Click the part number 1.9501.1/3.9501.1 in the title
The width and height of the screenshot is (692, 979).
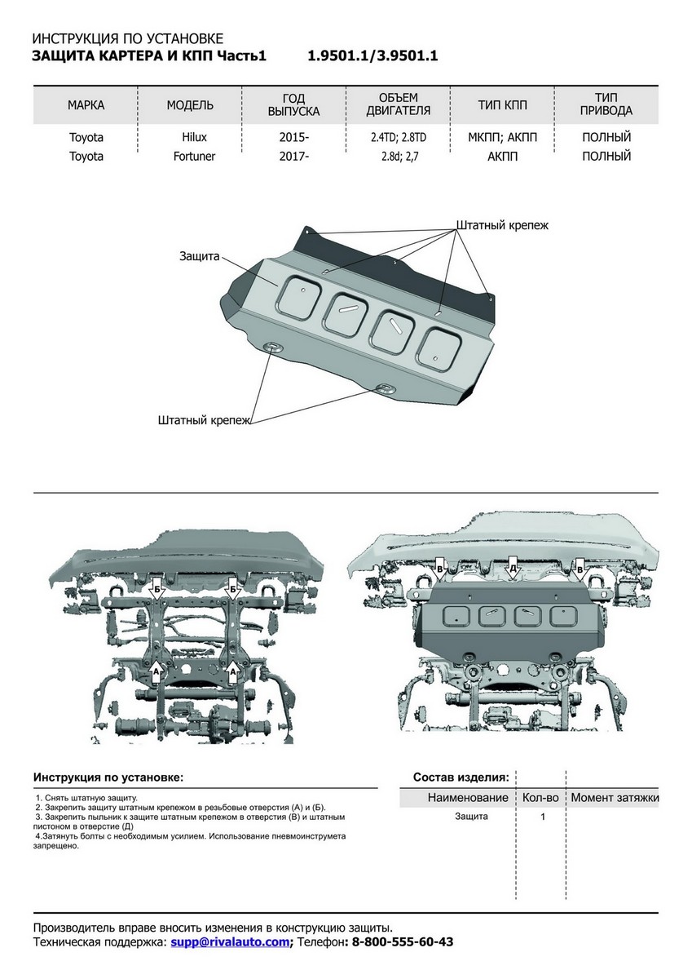pos(372,56)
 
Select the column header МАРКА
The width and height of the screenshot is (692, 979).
pos(86,105)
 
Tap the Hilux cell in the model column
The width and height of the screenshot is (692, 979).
pos(190,137)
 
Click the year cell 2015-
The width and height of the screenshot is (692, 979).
pos(293,137)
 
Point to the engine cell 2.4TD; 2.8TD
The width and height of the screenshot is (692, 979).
pos(398,137)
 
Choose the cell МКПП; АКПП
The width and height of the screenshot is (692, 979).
pos(502,137)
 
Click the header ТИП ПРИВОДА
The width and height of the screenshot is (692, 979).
pos(606,104)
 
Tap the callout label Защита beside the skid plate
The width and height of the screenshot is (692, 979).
pos(200,256)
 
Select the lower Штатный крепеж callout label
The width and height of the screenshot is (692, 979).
pos(204,421)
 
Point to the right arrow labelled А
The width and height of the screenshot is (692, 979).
pos(233,671)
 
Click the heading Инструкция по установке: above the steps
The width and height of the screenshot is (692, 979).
pos(108,777)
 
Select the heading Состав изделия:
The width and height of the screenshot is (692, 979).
pos(461,777)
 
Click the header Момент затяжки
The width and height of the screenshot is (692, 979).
pos(615,797)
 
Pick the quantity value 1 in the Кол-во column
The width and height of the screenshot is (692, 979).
pos(542,817)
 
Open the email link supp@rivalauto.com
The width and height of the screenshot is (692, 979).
pos(230,941)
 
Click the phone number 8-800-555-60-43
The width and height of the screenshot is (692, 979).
pos(402,941)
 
